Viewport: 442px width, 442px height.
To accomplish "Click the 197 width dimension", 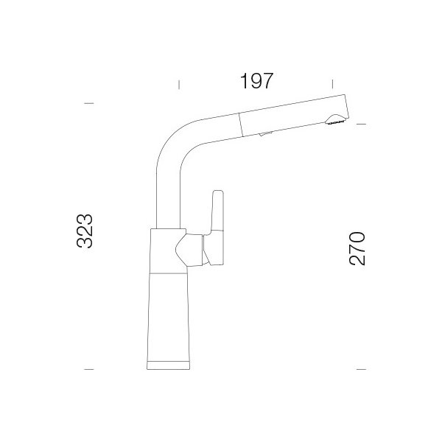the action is point(256,80).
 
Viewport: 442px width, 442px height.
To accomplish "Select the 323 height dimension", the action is point(85,231).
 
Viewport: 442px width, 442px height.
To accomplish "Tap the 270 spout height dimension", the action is point(357,249).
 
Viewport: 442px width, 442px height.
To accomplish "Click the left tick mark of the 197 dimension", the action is point(179,85).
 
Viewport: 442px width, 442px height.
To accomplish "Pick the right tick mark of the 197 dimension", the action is point(333,84).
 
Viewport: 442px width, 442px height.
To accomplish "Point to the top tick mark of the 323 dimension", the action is point(89,103).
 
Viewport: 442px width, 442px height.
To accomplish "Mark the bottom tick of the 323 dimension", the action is point(89,369).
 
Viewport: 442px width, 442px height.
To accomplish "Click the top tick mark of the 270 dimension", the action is point(362,124).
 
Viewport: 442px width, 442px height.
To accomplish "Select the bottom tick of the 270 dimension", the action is point(362,369).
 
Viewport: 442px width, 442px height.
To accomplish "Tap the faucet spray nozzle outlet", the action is point(335,119).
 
